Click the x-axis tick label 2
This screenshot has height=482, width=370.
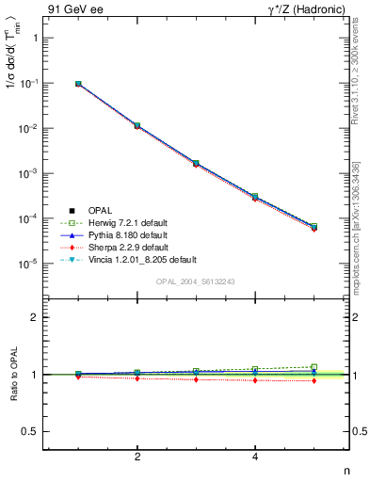tap(137, 457)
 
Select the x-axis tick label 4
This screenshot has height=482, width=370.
tap(255, 457)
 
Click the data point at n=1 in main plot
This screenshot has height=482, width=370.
tap(78, 84)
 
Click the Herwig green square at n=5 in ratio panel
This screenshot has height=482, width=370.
tap(314, 367)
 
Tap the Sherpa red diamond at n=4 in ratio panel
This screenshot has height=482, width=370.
tap(255, 380)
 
